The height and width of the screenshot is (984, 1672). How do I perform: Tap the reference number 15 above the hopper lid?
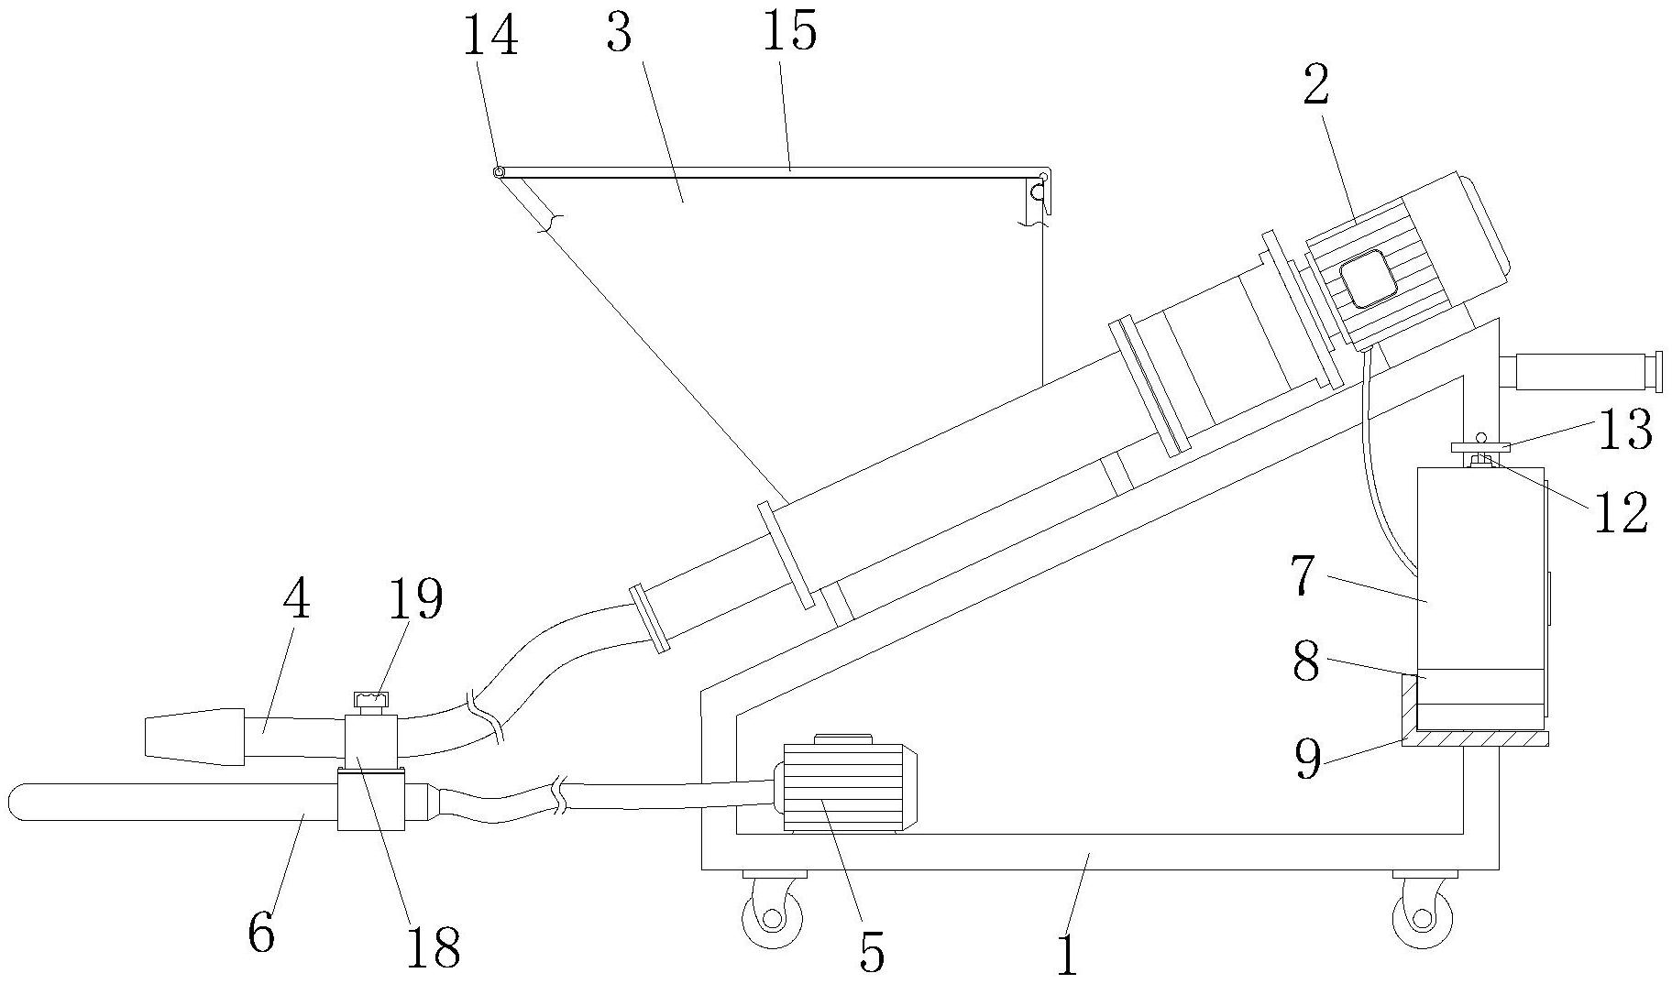(x=789, y=33)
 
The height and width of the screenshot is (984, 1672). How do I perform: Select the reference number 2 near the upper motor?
(x=1316, y=87)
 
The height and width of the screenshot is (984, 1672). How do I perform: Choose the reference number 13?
(x=1624, y=430)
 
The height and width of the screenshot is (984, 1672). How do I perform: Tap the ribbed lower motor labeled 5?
(x=846, y=784)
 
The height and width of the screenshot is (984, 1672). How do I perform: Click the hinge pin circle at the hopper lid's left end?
(x=499, y=172)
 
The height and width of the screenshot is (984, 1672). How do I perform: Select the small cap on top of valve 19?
(x=370, y=703)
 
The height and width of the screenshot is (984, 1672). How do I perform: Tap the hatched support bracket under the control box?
(x=1475, y=724)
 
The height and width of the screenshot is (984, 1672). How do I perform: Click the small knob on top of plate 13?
(x=1479, y=437)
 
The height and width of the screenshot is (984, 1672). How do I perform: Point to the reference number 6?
(x=262, y=933)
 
